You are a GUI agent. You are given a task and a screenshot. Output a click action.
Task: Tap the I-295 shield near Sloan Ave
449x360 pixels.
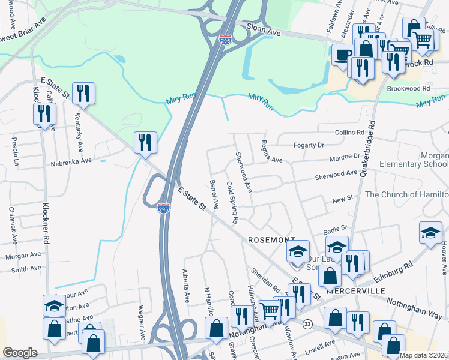[x=225, y=40]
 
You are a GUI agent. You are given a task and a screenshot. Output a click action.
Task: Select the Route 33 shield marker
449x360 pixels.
[x=307, y=324]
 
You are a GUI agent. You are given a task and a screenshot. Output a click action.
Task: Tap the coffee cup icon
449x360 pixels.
[x=343, y=55]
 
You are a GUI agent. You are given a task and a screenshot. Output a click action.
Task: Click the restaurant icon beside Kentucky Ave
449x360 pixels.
[x=83, y=92]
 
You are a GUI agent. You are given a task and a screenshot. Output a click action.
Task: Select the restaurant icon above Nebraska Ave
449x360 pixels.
[x=145, y=142]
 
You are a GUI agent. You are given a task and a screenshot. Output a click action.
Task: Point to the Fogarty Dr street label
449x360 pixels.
[x=309, y=145]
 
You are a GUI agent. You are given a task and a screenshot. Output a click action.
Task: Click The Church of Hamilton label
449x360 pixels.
[x=406, y=194]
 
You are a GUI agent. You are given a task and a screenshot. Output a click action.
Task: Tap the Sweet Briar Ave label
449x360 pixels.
[x=25, y=28]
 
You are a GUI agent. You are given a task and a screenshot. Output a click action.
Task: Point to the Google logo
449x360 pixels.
[x=20, y=352]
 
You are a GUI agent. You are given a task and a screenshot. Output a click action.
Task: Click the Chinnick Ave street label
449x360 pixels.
[x=13, y=227]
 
